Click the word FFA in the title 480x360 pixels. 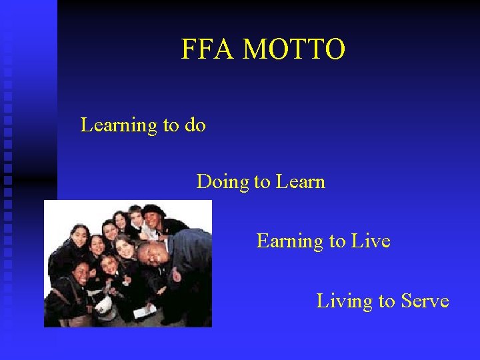click(x=207, y=50)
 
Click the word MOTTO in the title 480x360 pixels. click(x=294, y=50)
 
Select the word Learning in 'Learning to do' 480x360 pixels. click(x=118, y=125)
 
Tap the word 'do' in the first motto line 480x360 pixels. click(x=195, y=125)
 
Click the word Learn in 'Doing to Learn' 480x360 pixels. click(x=299, y=181)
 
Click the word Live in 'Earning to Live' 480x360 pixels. click(x=371, y=241)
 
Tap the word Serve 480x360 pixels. click(x=425, y=301)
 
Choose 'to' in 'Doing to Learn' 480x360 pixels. click(x=261, y=182)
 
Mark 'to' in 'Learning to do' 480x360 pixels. click(x=171, y=125)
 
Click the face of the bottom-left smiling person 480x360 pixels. click(x=81, y=272)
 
